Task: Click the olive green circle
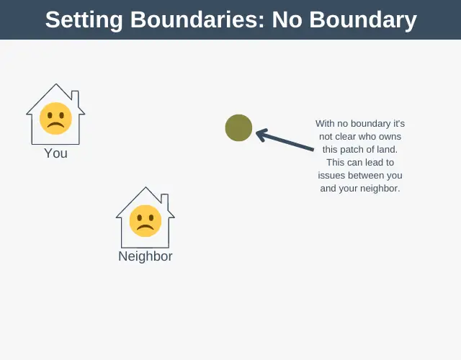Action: click(x=238, y=128)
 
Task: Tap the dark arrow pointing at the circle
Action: click(x=285, y=140)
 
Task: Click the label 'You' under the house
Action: click(x=56, y=153)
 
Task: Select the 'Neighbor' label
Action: click(x=146, y=256)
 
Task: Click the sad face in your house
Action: click(x=56, y=118)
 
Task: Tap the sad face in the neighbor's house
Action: click(x=146, y=221)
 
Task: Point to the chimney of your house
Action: click(x=75, y=99)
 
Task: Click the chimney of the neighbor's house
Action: click(x=165, y=202)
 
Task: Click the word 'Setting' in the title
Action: click(x=84, y=20)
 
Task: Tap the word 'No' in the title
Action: click(x=287, y=20)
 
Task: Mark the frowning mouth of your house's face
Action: click(x=56, y=125)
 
